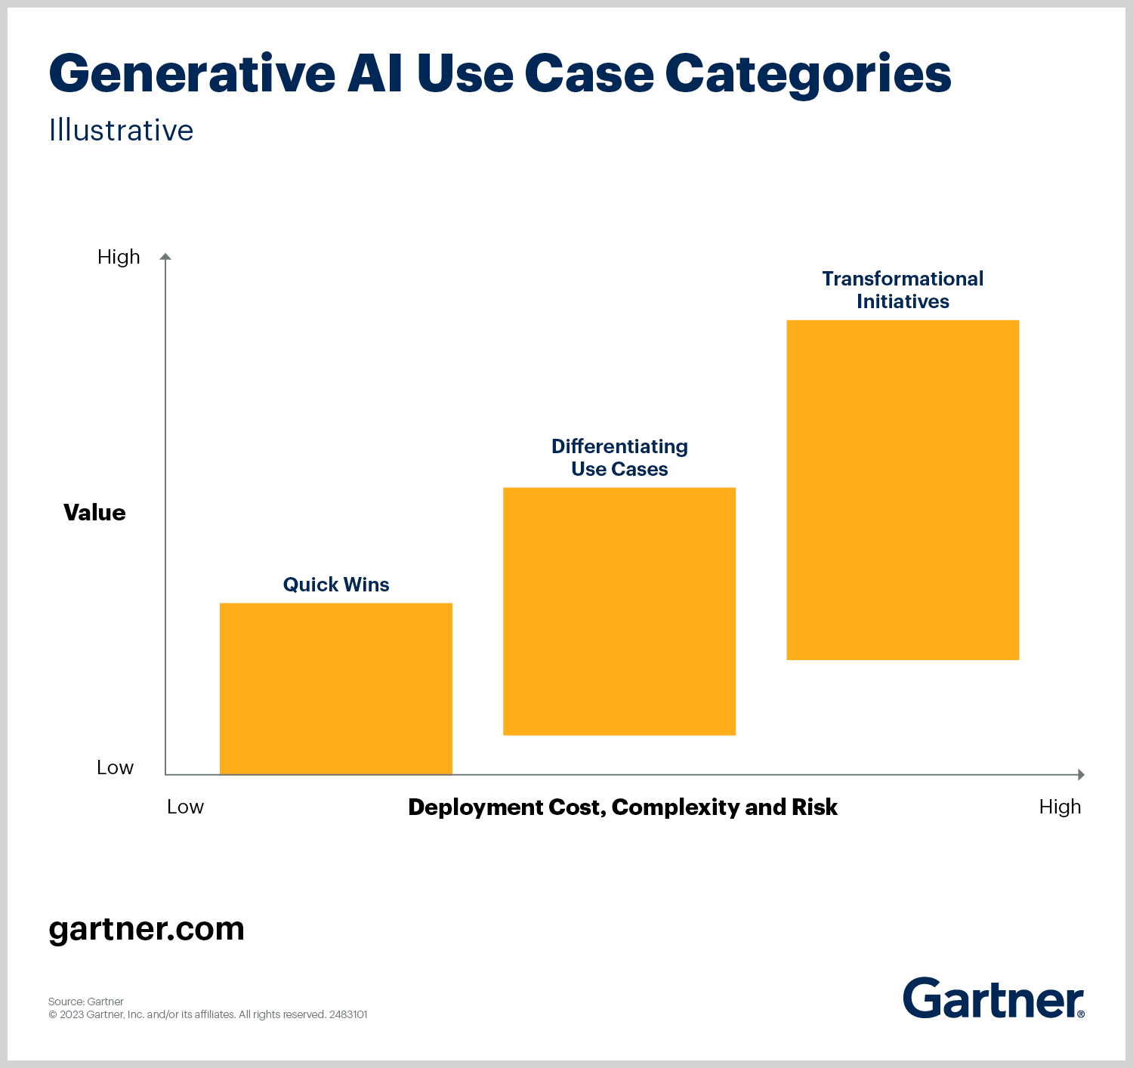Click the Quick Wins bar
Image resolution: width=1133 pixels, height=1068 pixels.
click(336, 688)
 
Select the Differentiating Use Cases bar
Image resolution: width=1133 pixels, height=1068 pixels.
click(619, 611)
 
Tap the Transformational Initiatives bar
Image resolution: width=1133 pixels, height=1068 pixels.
click(903, 489)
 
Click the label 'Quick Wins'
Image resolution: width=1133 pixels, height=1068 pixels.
click(336, 585)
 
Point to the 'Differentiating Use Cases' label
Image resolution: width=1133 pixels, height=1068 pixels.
click(619, 458)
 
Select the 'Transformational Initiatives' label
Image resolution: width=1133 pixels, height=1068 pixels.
click(903, 290)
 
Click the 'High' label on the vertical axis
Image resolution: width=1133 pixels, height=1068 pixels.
click(119, 258)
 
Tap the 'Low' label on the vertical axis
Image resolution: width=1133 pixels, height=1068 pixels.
click(115, 767)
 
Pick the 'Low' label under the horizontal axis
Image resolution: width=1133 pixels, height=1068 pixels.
click(185, 807)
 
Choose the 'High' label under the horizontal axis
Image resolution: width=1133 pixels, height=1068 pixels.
click(1060, 807)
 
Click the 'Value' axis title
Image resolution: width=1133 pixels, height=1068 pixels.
click(94, 513)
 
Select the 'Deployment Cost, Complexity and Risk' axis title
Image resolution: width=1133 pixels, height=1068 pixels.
click(622, 807)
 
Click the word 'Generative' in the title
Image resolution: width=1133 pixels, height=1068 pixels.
click(192, 74)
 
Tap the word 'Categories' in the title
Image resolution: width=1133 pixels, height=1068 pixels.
click(807, 74)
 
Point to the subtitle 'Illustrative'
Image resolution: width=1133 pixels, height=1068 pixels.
click(121, 131)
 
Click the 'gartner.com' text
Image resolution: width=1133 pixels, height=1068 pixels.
click(147, 929)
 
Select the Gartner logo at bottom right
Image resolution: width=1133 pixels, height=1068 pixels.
click(993, 999)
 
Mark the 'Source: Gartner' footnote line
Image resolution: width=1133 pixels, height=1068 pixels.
click(86, 1002)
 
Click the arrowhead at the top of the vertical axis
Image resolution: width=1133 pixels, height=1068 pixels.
click(165, 257)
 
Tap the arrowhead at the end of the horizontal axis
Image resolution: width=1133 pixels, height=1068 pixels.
click(1081, 774)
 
